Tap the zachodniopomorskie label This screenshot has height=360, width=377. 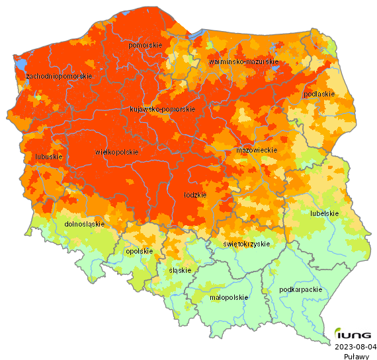[x=60, y=77]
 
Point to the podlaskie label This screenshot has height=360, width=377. [x=318, y=94]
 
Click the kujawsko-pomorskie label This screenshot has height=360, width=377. [x=162, y=109]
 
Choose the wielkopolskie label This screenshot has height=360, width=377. [x=117, y=152]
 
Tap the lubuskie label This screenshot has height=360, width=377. [x=49, y=157]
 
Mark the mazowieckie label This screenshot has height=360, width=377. [x=256, y=151]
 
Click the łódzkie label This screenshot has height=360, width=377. [x=195, y=195]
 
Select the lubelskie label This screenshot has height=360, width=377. [x=324, y=213]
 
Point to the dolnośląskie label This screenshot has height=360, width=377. [x=84, y=224]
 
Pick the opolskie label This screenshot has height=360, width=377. [x=139, y=251]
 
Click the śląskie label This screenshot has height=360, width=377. [x=180, y=270]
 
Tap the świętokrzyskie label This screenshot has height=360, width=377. [x=247, y=244]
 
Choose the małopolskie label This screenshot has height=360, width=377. [x=228, y=297]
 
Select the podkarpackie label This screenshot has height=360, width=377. [x=301, y=289]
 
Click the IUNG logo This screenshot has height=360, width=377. [x=352, y=335]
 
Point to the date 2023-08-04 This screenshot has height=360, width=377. [x=356, y=346]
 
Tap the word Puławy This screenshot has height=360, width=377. [x=356, y=355]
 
